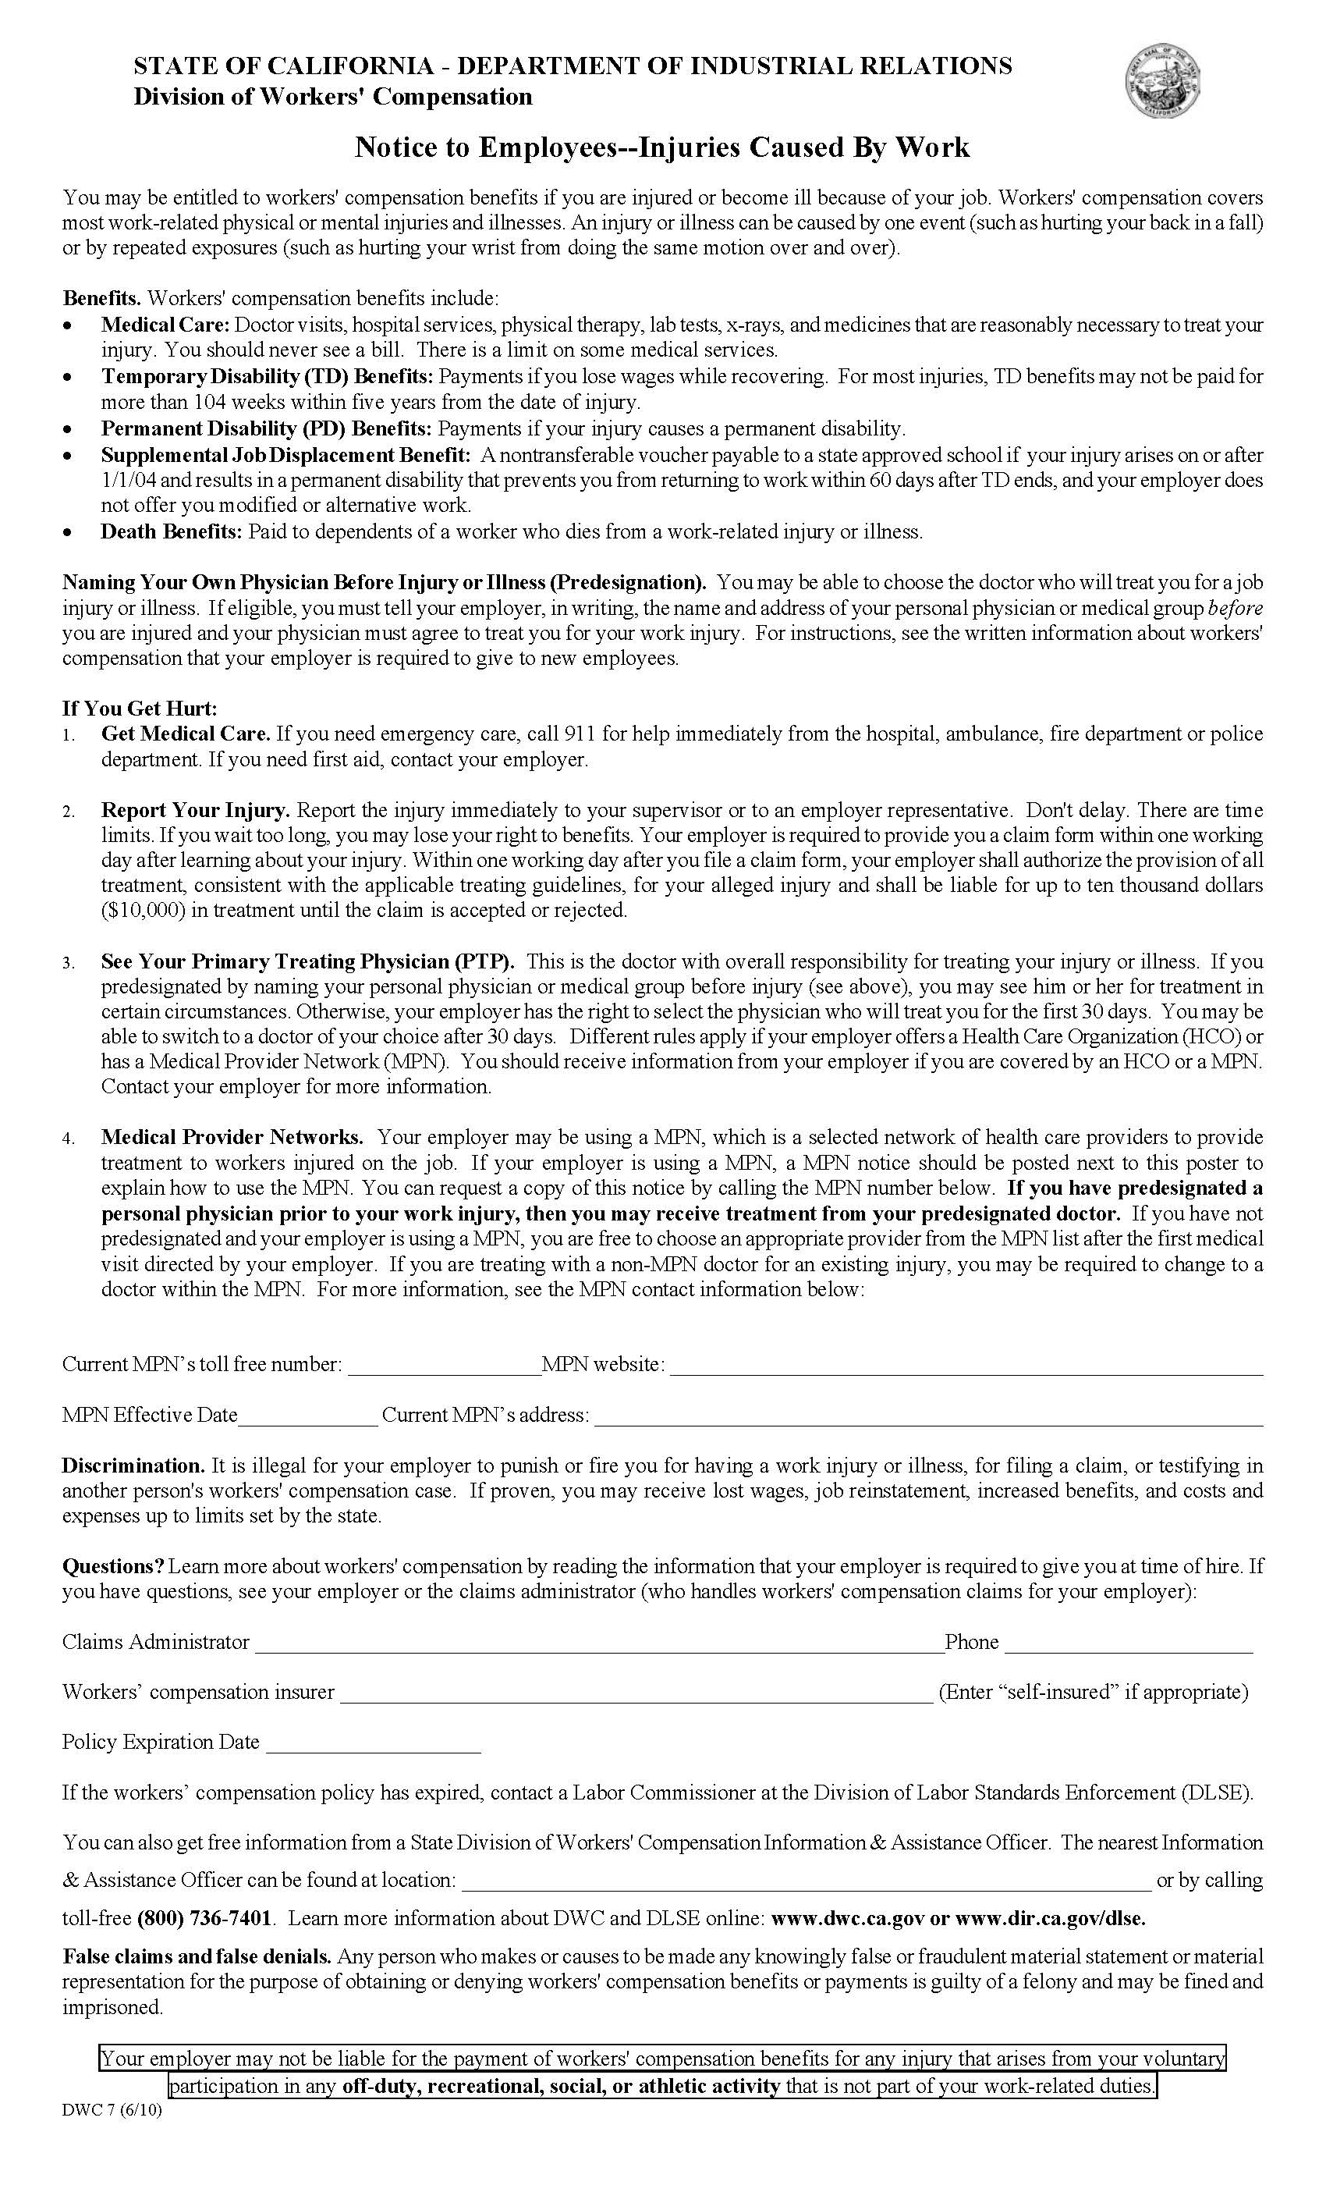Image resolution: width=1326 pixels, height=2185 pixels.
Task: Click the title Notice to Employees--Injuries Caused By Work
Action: [x=662, y=147]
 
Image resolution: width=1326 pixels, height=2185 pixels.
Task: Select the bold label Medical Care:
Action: [x=165, y=325]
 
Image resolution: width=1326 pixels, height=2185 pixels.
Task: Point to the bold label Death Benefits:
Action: [x=171, y=531]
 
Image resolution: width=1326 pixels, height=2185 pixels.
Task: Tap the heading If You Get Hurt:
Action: [x=139, y=708]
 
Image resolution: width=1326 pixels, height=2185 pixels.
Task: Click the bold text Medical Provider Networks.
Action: [x=232, y=1137]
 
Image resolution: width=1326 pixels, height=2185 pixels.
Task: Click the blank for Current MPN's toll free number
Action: [x=444, y=1365]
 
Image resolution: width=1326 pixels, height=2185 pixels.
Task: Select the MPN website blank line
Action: [x=966, y=1365]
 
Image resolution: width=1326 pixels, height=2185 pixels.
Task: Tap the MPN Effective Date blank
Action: [x=308, y=1416]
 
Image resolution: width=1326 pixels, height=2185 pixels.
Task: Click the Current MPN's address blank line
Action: [x=928, y=1416]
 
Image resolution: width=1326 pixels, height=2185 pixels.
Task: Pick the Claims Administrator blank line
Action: [x=599, y=1643]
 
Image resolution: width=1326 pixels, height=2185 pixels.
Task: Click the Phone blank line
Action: [x=1129, y=1643]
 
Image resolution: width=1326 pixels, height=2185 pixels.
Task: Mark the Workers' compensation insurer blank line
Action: [x=636, y=1692]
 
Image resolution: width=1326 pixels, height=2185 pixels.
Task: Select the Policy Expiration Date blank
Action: [x=373, y=1743]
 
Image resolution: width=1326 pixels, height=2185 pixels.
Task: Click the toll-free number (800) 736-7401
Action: [x=204, y=1919]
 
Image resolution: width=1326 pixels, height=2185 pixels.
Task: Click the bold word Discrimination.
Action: [x=133, y=1466]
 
